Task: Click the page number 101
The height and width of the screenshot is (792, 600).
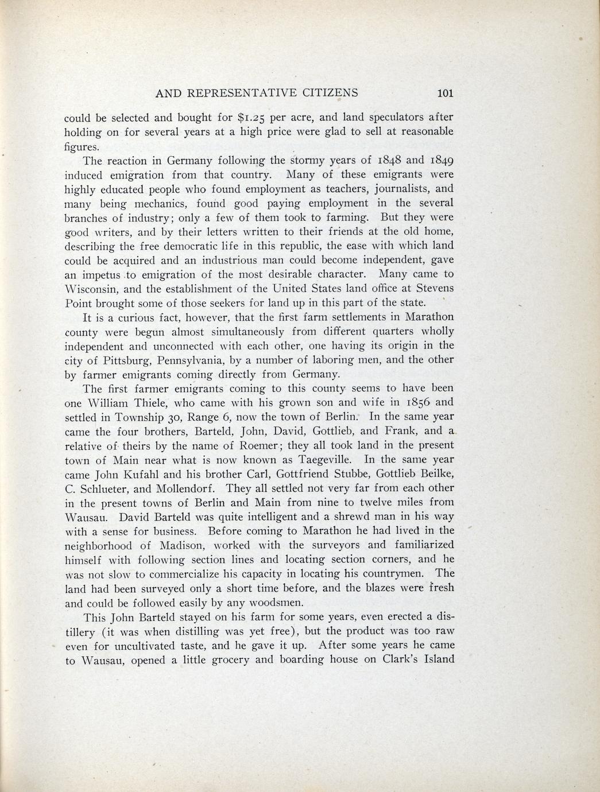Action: point(446,93)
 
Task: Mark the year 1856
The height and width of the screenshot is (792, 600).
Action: point(416,402)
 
